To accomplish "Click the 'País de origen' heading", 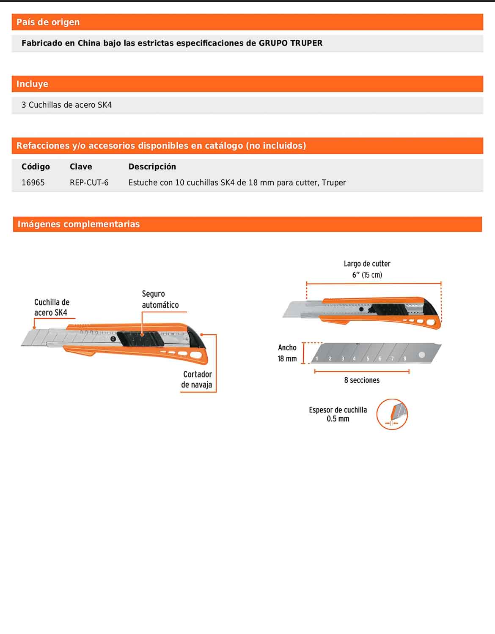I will click(48, 22).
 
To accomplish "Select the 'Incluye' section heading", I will click(32, 84).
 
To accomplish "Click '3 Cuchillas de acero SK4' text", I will click(66, 105).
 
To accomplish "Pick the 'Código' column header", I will click(36, 167).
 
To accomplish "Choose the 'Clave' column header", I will click(81, 167).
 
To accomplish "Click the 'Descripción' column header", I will click(152, 167).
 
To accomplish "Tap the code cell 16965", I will click(33, 183).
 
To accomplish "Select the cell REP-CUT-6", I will click(89, 183).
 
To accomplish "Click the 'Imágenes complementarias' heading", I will click(78, 224).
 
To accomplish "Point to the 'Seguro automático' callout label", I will click(160, 299).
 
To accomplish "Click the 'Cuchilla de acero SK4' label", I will click(51, 307).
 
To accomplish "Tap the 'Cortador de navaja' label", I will click(197, 379).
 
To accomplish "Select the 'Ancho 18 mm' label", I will click(287, 353).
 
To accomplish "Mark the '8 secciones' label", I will click(362, 380).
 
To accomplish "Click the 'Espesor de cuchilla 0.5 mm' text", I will click(338, 414).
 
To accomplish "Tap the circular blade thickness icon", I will click(392, 414).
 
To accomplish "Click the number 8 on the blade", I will click(405, 358).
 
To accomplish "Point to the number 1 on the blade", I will click(317, 358).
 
